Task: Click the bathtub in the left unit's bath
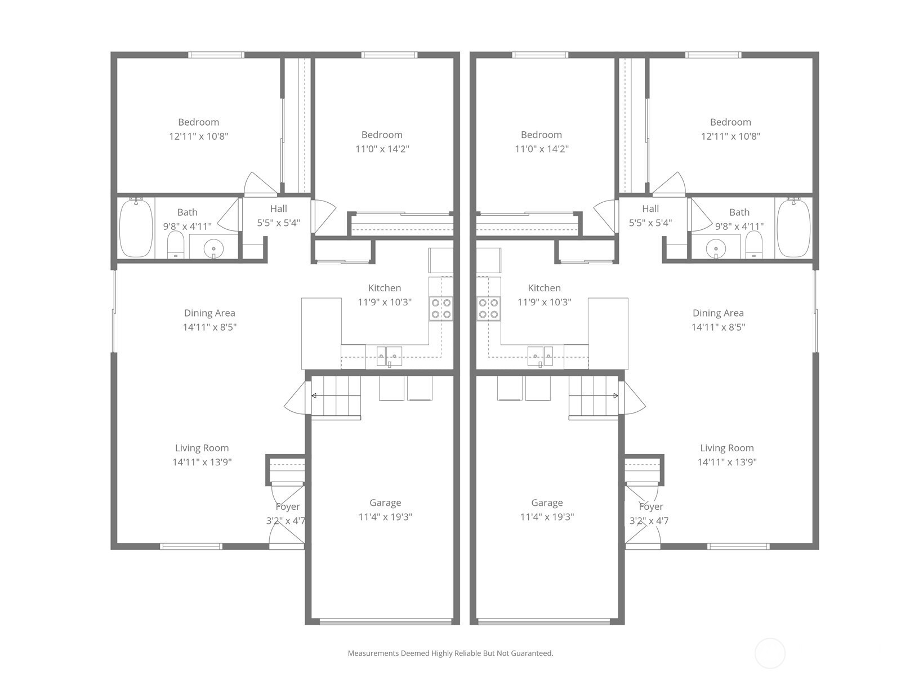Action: (x=136, y=228)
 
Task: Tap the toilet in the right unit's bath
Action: (x=753, y=244)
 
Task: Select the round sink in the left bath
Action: (x=213, y=249)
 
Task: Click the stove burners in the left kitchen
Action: (x=441, y=309)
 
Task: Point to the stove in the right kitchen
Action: (x=488, y=309)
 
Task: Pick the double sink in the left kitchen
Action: (x=389, y=356)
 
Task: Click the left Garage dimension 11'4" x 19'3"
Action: (x=385, y=517)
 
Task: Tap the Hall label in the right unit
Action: (x=650, y=208)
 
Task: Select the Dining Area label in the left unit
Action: (x=209, y=313)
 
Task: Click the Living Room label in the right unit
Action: (x=727, y=448)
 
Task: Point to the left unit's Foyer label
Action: (x=288, y=506)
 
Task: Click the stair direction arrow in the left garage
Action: (x=336, y=395)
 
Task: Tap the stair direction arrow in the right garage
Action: (x=594, y=395)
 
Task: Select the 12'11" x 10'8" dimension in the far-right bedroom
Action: (x=730, y=136)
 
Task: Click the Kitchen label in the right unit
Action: (x=545, y=288)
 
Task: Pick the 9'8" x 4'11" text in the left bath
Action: (x=187, y=226)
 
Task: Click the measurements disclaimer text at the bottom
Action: (x=450, y=653)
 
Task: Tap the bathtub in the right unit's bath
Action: (x=794, y=228)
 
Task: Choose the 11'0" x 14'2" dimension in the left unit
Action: (x=382, y=149)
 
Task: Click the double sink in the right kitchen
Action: (x=540, y=356)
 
